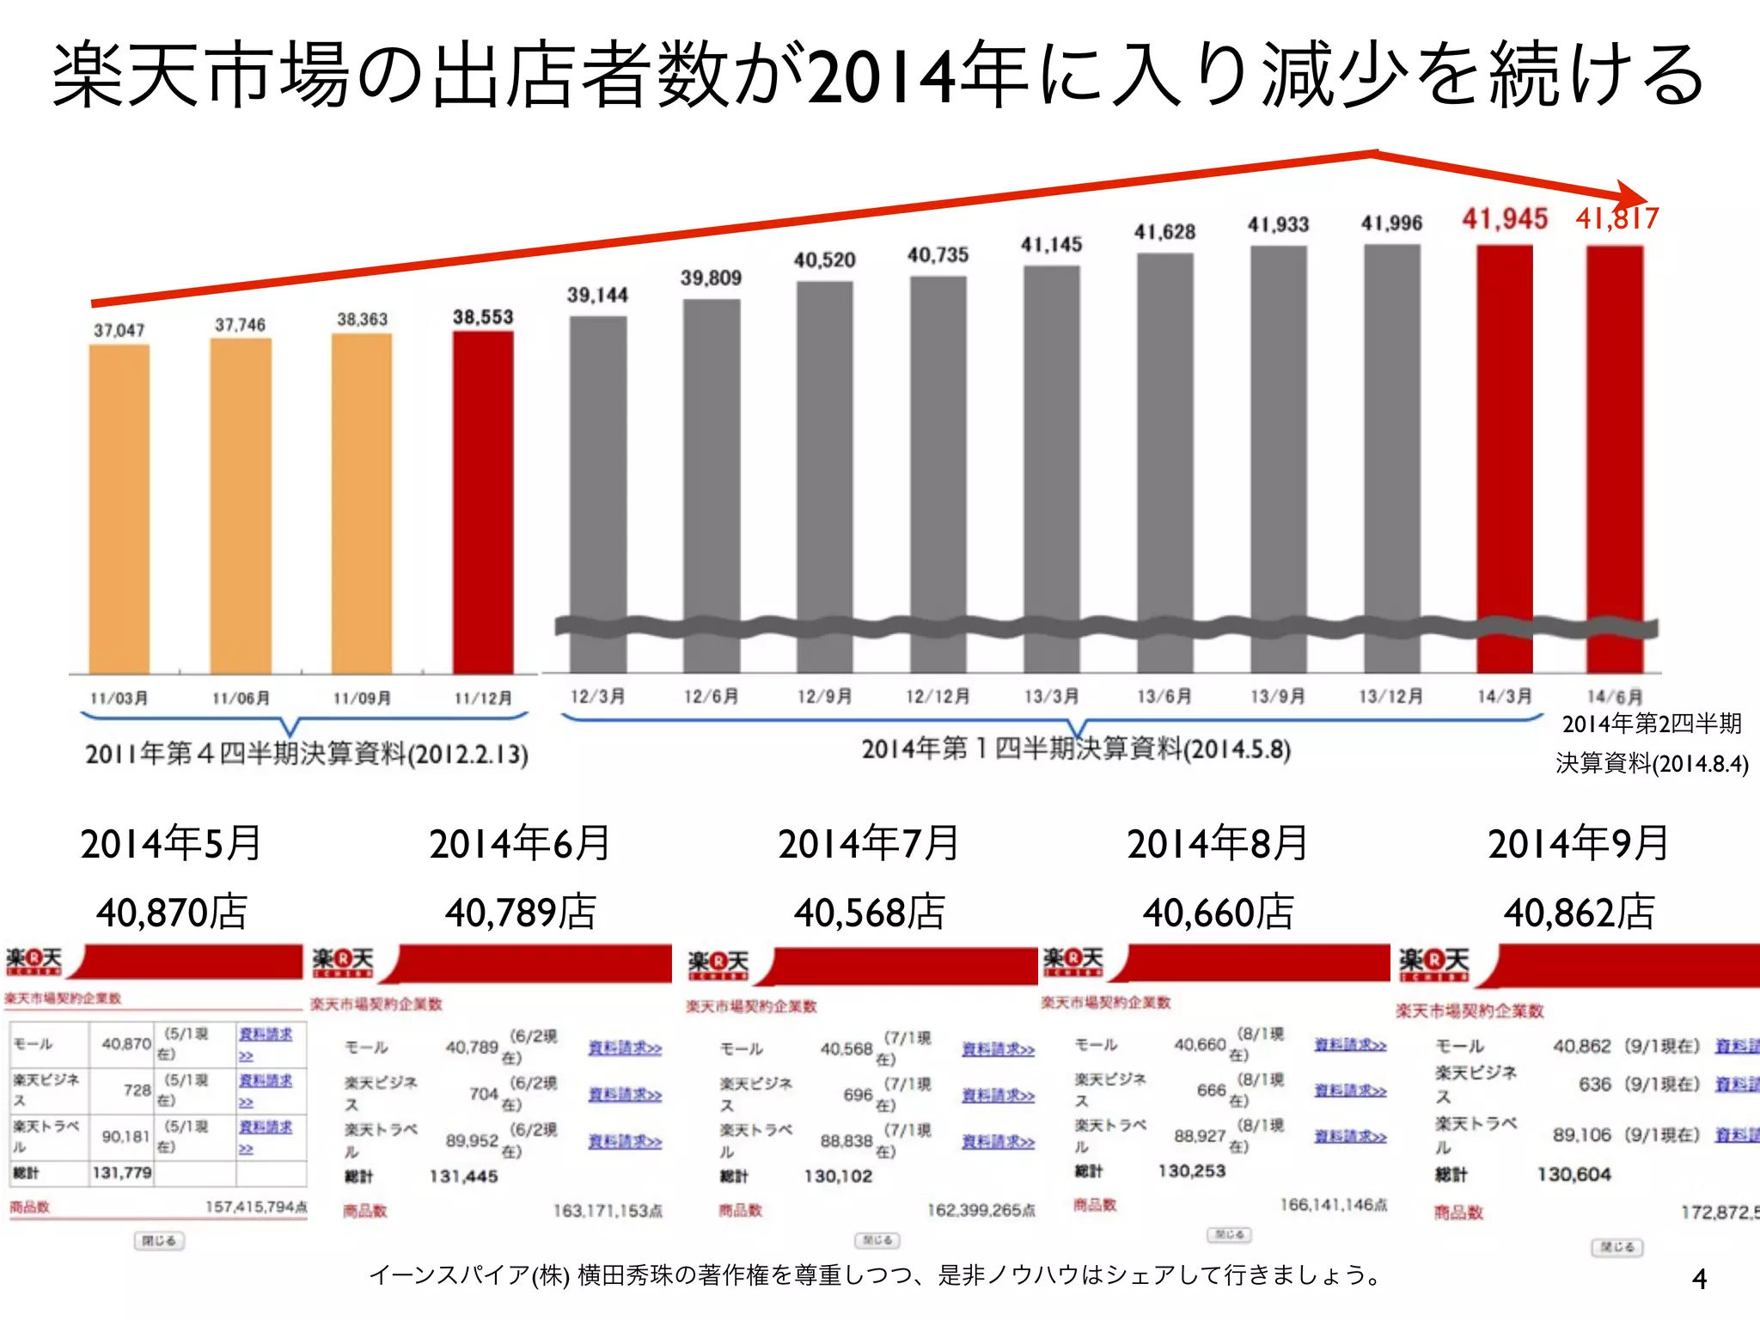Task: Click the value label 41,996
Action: pos(1391,223)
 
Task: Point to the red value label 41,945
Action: pos(1505,219)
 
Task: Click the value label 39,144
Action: pos(597,296)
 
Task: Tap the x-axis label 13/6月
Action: pos(1164,696)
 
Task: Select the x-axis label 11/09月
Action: pos(362,698)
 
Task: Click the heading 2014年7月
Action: pos(869,843)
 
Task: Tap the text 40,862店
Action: pos(1579,912)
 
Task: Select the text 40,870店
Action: pos(172,912)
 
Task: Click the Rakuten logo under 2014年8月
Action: pos(1072,962)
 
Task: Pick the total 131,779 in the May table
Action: pos(122,1172)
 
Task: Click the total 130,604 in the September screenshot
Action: pos(1574,1175)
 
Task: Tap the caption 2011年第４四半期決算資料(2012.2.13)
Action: pos(307,755)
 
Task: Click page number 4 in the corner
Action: pos(1699,1279)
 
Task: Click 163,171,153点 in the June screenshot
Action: pos(607,1211)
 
